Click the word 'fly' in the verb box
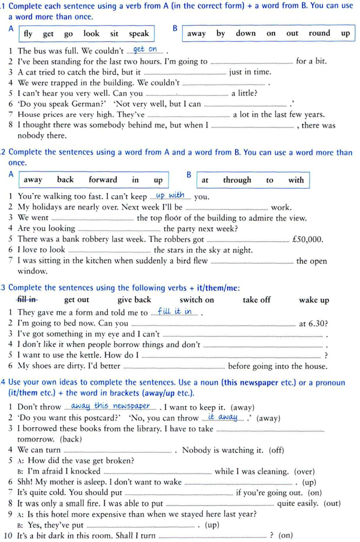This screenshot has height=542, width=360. [28, 34]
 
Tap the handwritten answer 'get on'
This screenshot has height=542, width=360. [145, 49]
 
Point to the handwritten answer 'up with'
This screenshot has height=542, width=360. [170, 195]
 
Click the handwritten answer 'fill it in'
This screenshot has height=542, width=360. [175, 311]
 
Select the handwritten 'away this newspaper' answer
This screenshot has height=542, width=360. [110, 406]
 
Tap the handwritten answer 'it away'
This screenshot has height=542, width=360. [223, 417]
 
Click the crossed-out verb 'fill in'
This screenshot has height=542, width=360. [26, 300]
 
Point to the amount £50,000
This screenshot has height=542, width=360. [308, 239]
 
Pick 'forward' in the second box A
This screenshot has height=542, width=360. [103, 180]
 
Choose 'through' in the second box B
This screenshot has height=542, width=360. [237, 180]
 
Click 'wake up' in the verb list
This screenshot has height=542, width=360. [314, 300]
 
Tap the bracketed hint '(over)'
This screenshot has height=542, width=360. [304, 471]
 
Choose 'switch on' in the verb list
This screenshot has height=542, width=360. [197, 300]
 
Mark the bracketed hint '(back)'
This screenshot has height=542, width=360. [71, 439]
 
